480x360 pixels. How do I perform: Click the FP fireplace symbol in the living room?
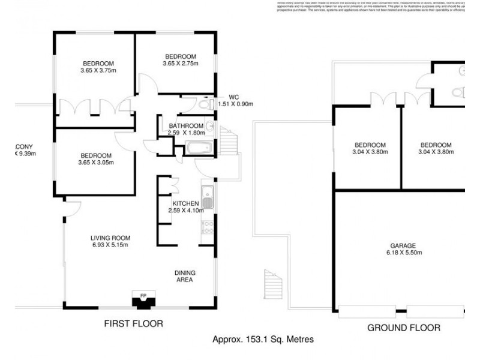[x=143, y=298]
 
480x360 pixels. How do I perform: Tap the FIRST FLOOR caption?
[x=134, y=323]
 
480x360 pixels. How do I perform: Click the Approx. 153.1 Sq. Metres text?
[x=263, y=339]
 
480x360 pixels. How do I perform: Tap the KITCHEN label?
[x=186, y=203]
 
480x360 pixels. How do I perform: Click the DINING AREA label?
[x=185, y=276]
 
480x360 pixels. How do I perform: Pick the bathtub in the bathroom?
[x=197, y=148]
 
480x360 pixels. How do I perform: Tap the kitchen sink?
[x=207, y=195]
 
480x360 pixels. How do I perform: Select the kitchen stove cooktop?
[x=208, y=227]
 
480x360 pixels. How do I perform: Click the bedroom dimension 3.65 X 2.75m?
[x=180, y=63]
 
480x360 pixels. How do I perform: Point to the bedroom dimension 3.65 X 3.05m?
[x=96, y=162]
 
